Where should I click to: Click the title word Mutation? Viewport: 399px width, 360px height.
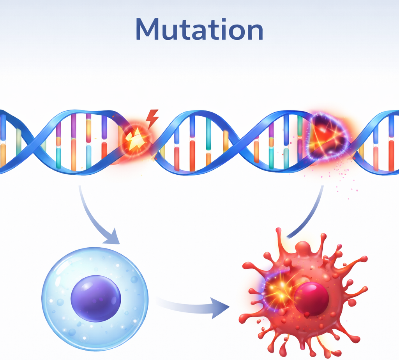click(x=199, y=29)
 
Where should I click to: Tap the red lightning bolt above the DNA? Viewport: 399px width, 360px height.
click(x=152, y=119)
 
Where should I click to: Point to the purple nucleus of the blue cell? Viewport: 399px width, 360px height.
click(x=96, y=298)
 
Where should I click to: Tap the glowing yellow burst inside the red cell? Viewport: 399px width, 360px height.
click(x=280, y=291)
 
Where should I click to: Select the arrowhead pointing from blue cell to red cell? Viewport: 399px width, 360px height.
click(x=220, y=308)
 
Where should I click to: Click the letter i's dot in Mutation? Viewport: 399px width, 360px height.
click(x=224, y=20)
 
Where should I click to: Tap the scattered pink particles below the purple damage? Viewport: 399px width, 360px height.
click(x=341, y=178)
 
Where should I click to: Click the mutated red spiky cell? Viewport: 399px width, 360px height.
click(x=303, y=293)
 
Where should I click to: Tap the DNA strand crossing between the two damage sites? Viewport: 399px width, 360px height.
click(x=240, y=143)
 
